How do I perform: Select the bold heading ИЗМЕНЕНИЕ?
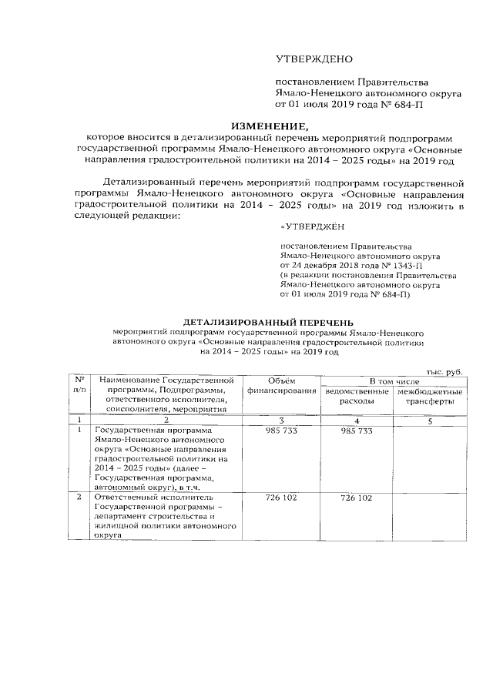coord(269,126)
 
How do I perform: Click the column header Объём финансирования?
coord(280,387)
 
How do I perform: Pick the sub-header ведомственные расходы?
coord(356,397)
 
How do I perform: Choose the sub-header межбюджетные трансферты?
coord(431,397)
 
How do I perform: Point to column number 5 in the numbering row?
coord(431,421)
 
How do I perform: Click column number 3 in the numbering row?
coord(280,421)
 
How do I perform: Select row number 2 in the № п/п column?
coord(79,498)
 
